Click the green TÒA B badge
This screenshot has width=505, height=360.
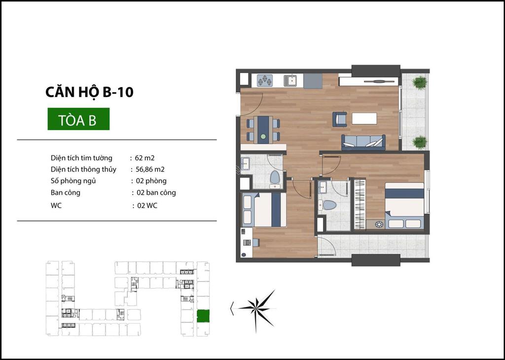click(x=78, y=119)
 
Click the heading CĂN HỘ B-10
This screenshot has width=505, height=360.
click(x=89, y=92)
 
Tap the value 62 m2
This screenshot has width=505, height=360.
click(x=145, y=158)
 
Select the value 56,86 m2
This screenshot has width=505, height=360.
click(x=150, y=169)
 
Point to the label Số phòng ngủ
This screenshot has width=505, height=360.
click(x=73, y=181)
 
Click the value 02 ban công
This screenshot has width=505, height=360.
click(x=156, y=193)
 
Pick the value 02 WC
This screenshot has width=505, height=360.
click(x=147, y=206)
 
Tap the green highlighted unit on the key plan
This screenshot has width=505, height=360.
click(x=203, y=316)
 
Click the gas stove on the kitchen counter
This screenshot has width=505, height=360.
click(x=265, y=80)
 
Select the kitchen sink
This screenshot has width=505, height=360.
click(x=290, y=80)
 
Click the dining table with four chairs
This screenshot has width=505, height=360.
click(x=263, y=129)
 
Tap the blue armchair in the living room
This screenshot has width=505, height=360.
click(x=339, y=119)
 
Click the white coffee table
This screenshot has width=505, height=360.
click(x=364, y=118)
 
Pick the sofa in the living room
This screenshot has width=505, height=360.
click(x=363, y=142)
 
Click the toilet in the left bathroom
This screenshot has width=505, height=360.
click(x=275, y=179)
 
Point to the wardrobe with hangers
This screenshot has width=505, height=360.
click(x=360, y=205)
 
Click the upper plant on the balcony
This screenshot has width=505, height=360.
click(x=420, y=82)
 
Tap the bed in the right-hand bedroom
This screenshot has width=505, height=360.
click(x=404, y=206)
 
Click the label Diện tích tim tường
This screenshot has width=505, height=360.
click(x=81, y=158)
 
